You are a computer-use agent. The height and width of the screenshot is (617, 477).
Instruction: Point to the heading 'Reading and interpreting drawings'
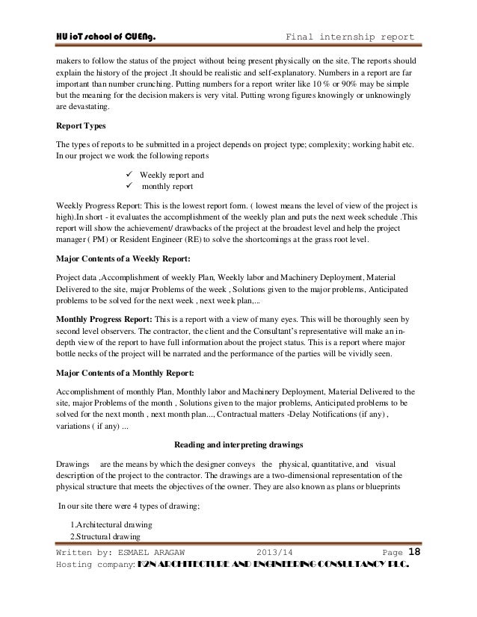point(238,444)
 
